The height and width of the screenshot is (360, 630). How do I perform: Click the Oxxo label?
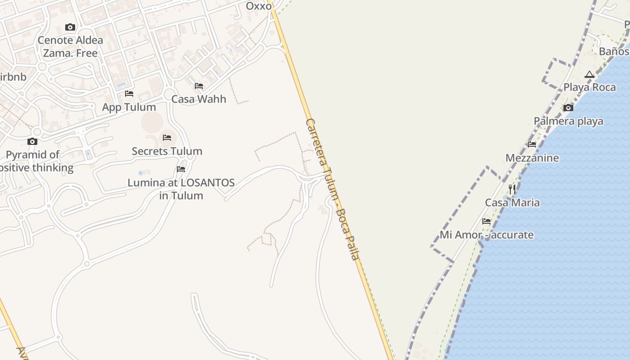coord(259,6)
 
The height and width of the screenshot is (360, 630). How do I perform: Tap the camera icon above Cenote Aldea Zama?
coord(70,27)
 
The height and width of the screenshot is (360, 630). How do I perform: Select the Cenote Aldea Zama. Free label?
coord(70,47)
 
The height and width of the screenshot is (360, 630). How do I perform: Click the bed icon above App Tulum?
coord(129,94)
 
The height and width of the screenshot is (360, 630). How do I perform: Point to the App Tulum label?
coord(129,107)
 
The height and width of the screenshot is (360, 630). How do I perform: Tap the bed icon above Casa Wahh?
coord(199,86)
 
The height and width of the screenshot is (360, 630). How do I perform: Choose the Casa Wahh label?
coord(199,99)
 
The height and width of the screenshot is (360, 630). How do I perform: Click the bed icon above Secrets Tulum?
coord(167,137)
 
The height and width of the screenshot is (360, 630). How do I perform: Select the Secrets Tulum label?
coord(167,151)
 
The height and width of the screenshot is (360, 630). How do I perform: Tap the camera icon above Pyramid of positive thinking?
coord(32,142)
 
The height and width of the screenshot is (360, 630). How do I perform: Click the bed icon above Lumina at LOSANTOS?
coord(181,169)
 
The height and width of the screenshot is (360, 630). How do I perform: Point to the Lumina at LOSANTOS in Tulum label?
coord(181,189)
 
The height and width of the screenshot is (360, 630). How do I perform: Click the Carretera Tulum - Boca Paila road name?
coord(333,189)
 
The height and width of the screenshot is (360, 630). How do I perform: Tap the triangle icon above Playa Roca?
coord(589,74)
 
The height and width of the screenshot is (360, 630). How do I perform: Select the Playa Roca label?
coord(589,87)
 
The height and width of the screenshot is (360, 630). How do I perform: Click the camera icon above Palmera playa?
coord(568,108)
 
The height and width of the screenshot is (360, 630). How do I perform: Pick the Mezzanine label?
coord(532,158)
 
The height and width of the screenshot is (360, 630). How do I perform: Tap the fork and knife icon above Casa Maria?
coord(512,189)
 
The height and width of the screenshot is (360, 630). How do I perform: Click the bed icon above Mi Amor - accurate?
coord(486,221)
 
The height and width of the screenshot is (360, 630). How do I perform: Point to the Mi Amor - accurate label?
coord(486,235)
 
